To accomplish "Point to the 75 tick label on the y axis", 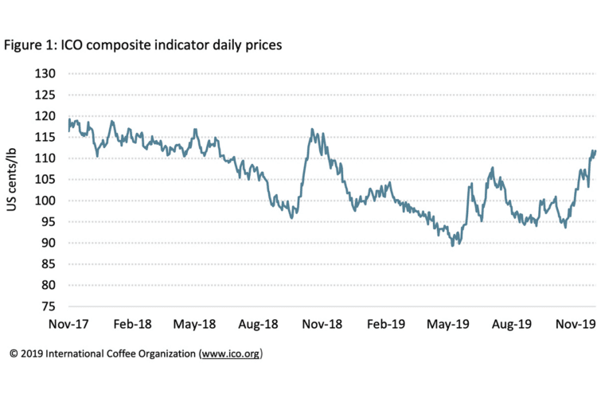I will (x=47, y=306).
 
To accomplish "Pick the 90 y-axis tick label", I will (x=47, y=243).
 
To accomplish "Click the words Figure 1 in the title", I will (x=27, y=45).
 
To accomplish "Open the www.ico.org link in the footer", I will (x=232, y=353).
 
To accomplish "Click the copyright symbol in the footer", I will (x=14, y=353).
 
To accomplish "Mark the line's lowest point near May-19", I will (x=453, y=245).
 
